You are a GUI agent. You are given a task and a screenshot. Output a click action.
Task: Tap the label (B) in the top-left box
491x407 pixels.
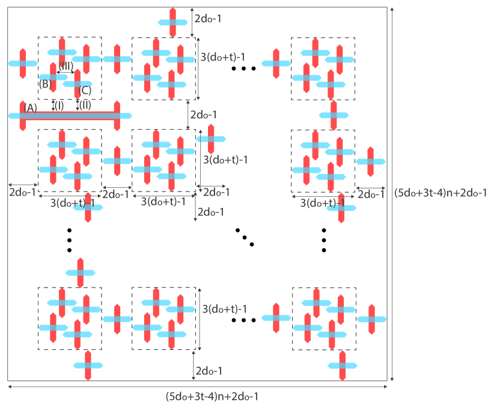point(44,84)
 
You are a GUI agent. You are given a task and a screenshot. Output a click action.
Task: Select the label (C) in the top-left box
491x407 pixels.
point(85,91)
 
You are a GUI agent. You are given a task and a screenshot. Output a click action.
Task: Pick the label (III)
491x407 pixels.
point(66,65)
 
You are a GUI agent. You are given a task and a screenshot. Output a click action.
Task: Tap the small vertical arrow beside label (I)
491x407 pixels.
point(53,105)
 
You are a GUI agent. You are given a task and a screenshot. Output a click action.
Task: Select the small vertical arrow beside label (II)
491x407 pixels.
point(78,105)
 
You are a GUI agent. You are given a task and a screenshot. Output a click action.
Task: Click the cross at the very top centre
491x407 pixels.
point(173,22)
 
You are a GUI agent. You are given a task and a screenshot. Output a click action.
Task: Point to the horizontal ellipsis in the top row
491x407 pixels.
point(243,68)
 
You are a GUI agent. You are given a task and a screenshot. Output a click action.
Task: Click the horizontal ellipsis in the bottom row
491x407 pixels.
point(243,320)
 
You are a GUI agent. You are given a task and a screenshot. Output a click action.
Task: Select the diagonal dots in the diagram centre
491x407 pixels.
point(245,238)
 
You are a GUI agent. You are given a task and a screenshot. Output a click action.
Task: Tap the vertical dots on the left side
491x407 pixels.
point(70,240)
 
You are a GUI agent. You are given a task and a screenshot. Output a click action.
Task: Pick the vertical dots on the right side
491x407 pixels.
point(324,240)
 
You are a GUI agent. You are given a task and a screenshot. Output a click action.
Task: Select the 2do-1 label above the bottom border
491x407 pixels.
point(208,372)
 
